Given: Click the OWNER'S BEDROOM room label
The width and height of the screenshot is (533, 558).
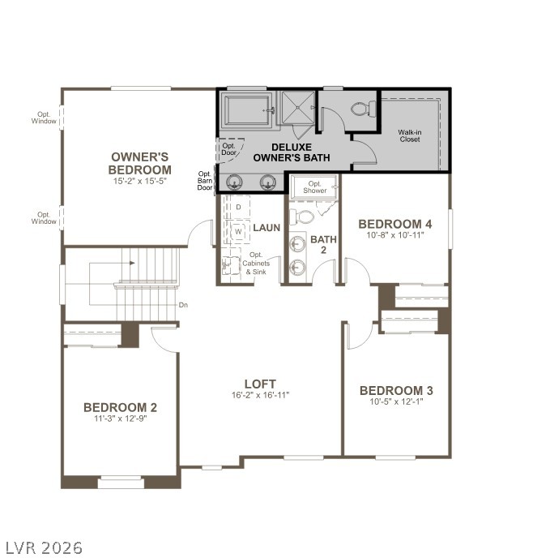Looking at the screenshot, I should click(140, 163).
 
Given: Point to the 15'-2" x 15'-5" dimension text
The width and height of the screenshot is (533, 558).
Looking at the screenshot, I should click(140, 182).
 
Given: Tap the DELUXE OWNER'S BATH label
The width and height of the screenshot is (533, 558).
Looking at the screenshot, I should click(292, 152).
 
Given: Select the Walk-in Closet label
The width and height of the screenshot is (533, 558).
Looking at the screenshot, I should click(410, 135).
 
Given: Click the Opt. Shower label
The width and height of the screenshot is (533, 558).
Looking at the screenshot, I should click(316, 187).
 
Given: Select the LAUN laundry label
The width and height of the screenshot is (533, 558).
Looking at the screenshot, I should click(266, 228).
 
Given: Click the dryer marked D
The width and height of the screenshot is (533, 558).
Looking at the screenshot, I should click(239, 208).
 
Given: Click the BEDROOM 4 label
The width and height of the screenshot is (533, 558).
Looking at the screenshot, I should click(395, 224).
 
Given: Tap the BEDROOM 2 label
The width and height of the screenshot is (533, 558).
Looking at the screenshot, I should click(120, 407).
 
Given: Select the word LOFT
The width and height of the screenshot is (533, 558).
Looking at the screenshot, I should click(260, 384).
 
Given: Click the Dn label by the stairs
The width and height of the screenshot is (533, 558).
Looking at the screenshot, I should click(184, 306).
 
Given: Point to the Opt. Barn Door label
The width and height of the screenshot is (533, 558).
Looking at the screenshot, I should click(205, 181).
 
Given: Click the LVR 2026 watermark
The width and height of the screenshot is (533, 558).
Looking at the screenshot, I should click(43, 547).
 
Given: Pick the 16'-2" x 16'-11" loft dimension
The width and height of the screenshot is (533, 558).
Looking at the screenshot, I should click(260, 396).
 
